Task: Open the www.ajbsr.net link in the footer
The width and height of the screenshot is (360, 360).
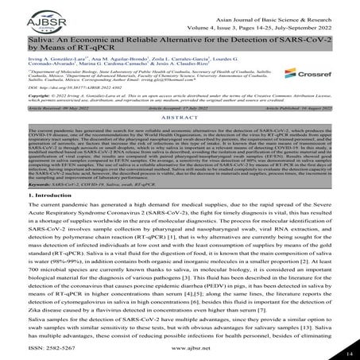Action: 180,347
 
